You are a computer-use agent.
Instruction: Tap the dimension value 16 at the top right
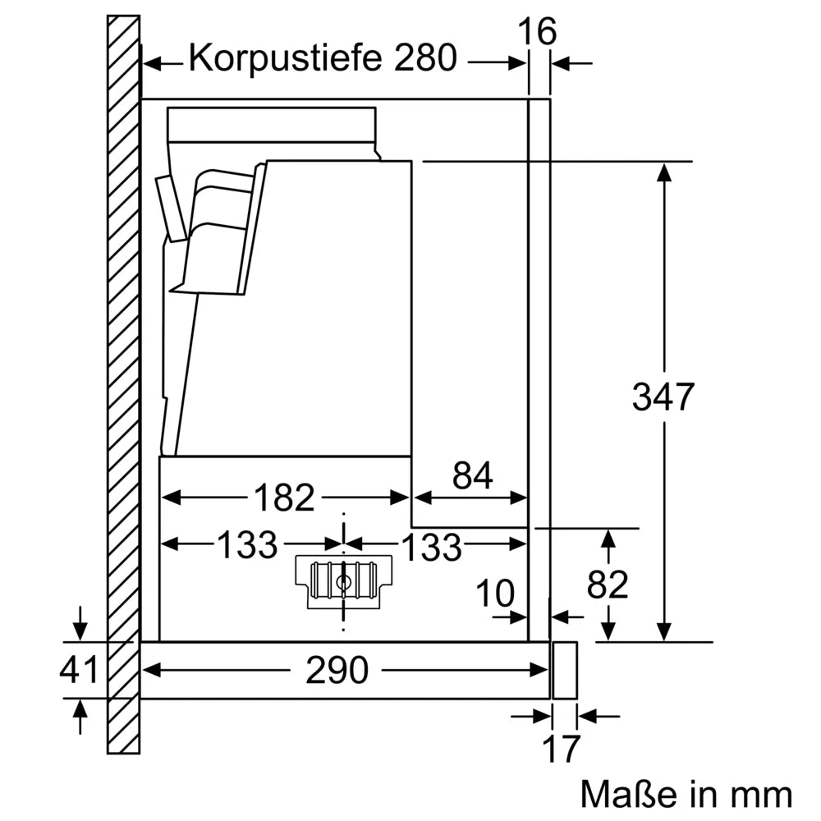[x=538, y=32]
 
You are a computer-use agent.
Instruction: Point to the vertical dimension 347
[x=663, y=398]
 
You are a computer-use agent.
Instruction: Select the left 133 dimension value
[x=247, y=545]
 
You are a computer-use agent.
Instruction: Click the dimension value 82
[x=608, y=585]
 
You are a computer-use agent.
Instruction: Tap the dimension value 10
[x=495, y=593]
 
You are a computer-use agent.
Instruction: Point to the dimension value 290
[x=337, y=672]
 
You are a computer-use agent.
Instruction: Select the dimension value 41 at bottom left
[x=79, y=670]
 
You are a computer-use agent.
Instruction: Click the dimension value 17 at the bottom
[x=562, y=749]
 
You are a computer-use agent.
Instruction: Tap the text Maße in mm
[x=686, y=794]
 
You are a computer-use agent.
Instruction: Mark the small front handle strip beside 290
[x=565, y=670]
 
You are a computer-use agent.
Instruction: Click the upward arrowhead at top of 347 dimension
[x=663, y=172]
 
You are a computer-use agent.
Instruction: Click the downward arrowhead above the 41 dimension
[x=79, y=630]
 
